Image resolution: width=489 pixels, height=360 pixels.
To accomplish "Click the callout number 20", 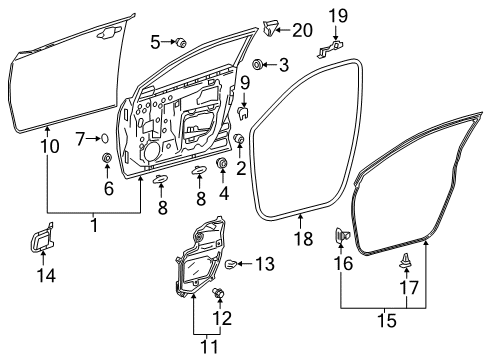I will point(301,29).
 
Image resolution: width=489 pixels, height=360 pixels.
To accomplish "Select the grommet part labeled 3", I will point(258,66).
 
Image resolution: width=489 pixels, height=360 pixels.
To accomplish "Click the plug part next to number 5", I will point(183,41).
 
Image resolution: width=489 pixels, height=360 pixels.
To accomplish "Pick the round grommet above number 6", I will point(107,160).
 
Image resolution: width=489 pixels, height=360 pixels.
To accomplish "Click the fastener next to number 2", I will point(239,139).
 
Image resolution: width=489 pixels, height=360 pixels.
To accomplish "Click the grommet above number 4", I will point(222,163).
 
